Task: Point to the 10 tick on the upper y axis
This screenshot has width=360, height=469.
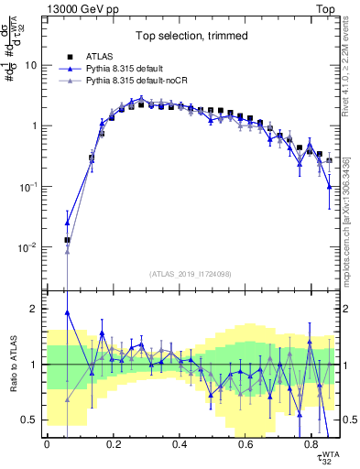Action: [30, 65]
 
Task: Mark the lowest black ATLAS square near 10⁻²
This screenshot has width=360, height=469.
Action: [67, 240]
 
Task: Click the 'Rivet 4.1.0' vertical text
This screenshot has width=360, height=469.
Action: [350, 64]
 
